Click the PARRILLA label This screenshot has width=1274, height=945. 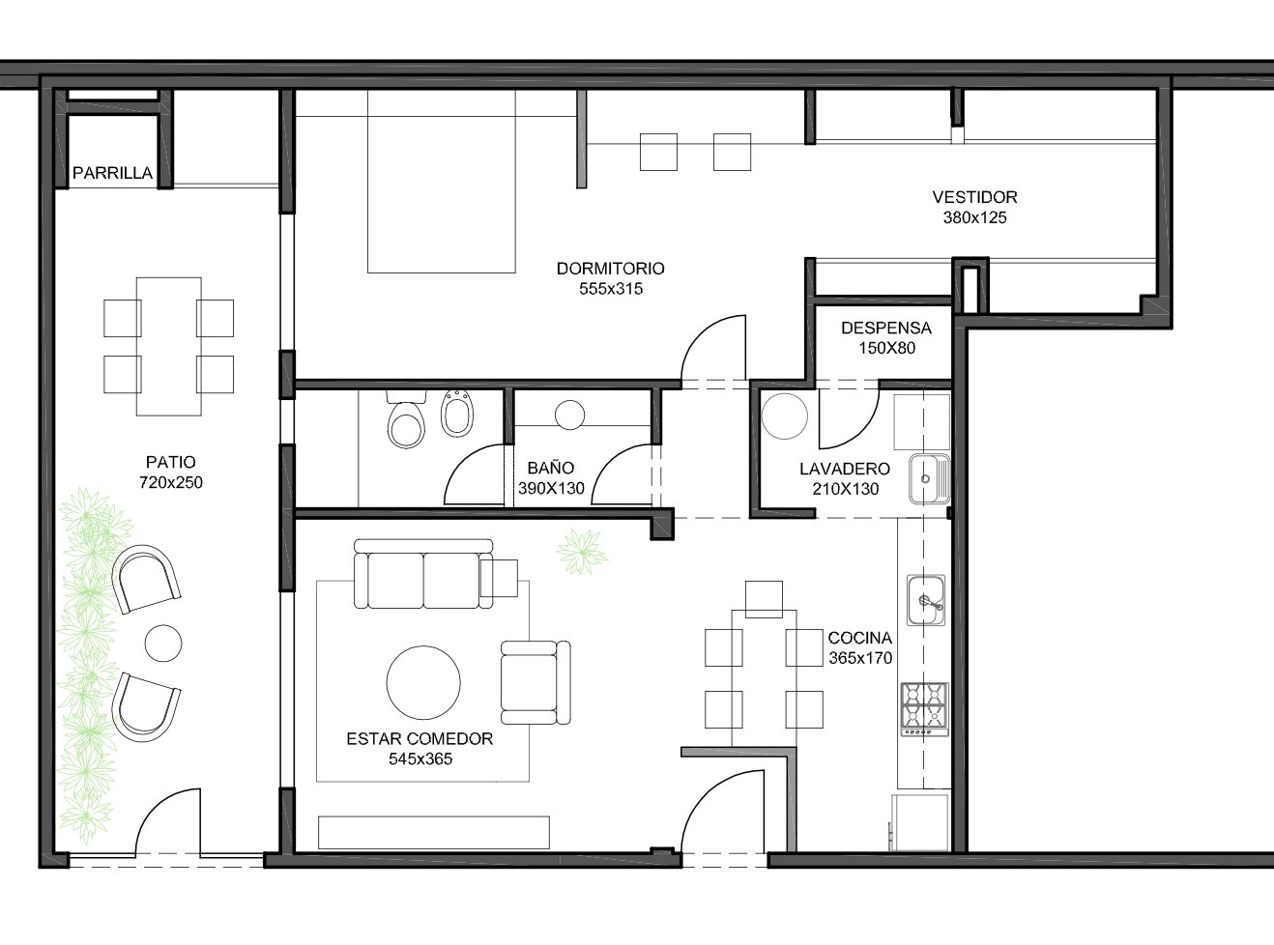tap(112, 173)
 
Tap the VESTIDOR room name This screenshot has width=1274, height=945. tap(974, 197)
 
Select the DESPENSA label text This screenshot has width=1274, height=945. tap(886, 328)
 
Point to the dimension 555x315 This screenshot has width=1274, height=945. tap(611, 289)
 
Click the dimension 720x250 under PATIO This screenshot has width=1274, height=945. tap(170, 482)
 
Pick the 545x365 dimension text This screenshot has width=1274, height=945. tap(420, 759)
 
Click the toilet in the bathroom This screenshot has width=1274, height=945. tap(406, 419)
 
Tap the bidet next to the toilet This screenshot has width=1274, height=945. tap(457, 413)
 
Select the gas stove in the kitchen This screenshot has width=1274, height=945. tap(924, 709)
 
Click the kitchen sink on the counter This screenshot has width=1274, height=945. tap(926, 600)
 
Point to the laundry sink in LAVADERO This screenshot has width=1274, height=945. tap(929, 478)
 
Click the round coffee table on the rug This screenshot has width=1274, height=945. tap(423, 682)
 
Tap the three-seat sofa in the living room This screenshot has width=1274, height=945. tap(423, 574)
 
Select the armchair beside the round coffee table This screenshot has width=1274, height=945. tap(536, 682)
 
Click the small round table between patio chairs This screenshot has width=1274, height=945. tap(163, 643)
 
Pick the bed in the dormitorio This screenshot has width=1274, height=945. tap(441, 181)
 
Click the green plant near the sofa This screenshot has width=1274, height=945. tap(581, 552)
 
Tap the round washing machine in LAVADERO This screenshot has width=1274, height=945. tap(785, 415)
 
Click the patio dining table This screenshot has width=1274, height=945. tap(169, 346)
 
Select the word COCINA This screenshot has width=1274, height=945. tap(860, 638)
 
